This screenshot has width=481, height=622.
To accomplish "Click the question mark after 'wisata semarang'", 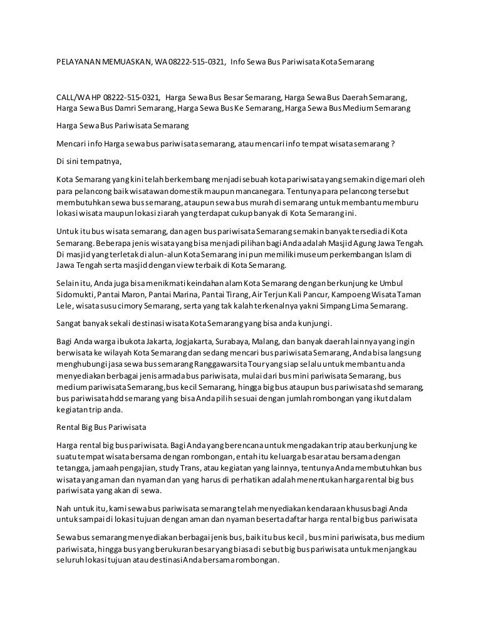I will tap(393, 142).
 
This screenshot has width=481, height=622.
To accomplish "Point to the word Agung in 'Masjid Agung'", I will tap(354, 243).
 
